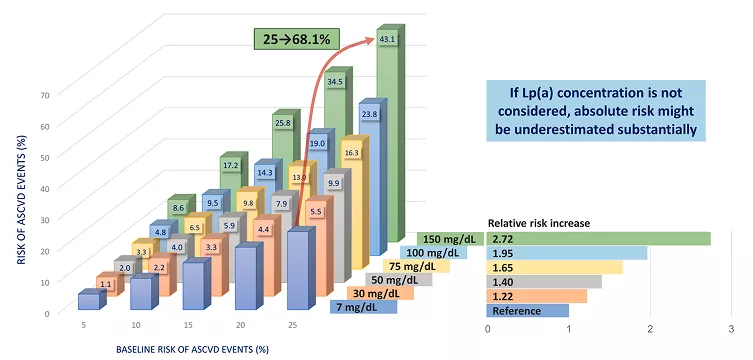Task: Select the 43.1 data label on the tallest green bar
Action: [x=389, y=39]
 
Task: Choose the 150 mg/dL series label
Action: [x=450, y=239]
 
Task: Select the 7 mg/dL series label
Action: [x=363, y=309]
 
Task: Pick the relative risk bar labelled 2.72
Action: [x=599, y=239]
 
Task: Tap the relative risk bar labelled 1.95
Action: [x=567, y=253]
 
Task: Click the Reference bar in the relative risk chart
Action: [x=528, y=311]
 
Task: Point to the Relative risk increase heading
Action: [x=539, y=222]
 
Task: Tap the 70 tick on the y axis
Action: [x=44, y=95]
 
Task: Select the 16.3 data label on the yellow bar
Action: [x=352, y=153]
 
